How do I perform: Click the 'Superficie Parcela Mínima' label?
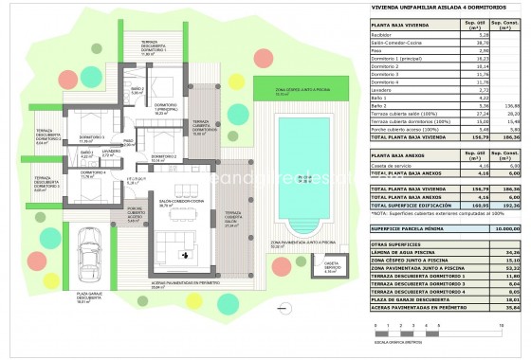409,228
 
